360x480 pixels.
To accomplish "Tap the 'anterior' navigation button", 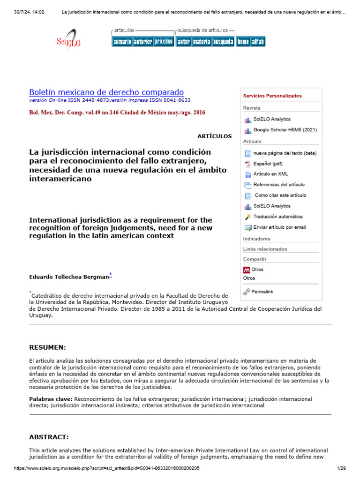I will (142, 42).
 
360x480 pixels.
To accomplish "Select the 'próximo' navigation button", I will (164, 42).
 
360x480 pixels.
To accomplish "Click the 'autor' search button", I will (183, 42).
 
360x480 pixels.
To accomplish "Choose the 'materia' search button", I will (201, 42).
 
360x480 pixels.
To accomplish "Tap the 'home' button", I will (243, 42).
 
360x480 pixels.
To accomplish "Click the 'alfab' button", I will (258, 42).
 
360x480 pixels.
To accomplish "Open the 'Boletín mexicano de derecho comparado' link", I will (106, 92).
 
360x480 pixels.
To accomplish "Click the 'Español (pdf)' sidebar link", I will (268, 164).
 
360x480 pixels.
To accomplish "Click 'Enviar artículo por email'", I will (279, 227).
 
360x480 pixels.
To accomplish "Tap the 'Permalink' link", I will (262, 292).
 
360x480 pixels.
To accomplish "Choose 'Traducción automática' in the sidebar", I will (277, 217).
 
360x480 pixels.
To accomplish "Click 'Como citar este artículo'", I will (280, 195).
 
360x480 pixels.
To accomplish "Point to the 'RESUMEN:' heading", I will (47, 347).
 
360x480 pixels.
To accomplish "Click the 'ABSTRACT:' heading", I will (49, 437).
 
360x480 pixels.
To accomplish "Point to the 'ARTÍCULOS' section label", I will (215, 136).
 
